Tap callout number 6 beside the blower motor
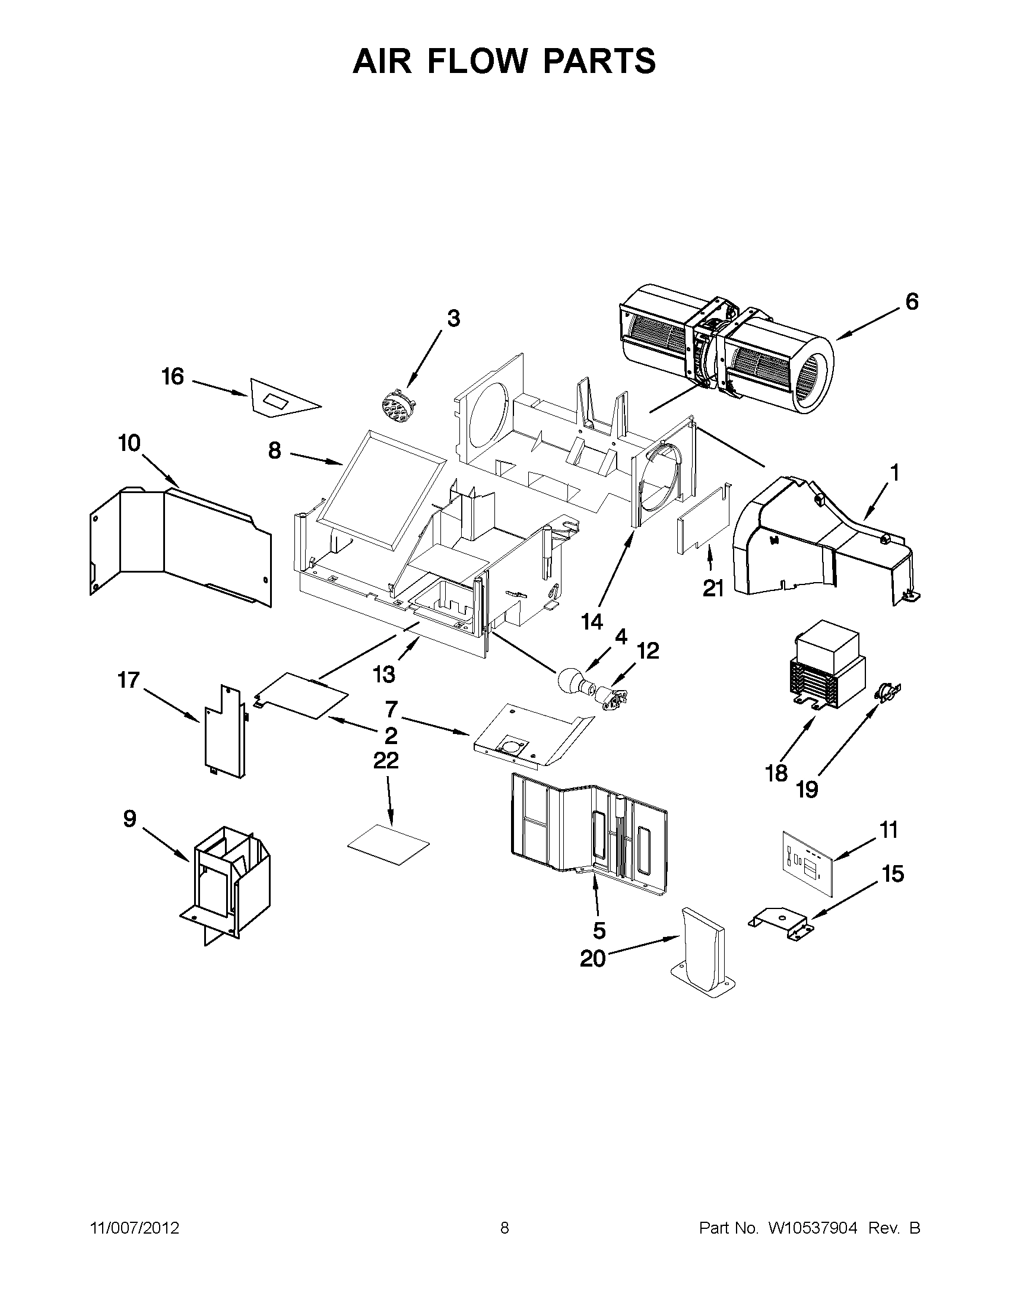tap(911, 302)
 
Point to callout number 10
tap(129, 443)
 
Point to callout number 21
tap(713, 589)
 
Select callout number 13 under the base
tap(383, 674)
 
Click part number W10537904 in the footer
tap(812, 1228)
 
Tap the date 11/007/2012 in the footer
tap(135, 1228)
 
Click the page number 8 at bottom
tap(504, 1228)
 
